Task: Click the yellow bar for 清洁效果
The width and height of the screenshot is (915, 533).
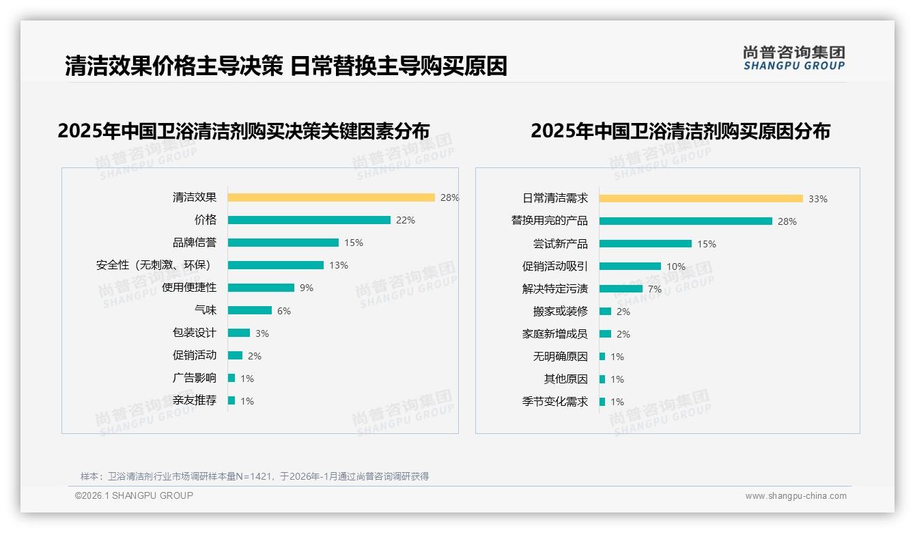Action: (331, 197)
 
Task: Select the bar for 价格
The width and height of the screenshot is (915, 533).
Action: (309, 220)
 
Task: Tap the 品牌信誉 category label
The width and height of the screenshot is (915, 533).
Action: (194, 243)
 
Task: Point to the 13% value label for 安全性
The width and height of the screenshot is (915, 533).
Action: (339, 265)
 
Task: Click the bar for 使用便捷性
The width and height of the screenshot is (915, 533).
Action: (261, 288)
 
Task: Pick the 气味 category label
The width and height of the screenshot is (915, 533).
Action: (205, 310)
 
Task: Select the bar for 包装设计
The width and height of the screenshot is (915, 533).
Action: (239, 333)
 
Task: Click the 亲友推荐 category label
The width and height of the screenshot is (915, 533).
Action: (194, 400)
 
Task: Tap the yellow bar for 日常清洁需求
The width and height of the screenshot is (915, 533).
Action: (701, 199)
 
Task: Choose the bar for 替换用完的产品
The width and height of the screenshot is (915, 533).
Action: (686, 221)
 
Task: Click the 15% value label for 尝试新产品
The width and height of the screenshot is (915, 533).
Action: (707, 244)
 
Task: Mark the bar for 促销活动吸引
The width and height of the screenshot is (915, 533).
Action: (630, 266)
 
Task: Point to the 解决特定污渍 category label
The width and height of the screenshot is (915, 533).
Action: (554, 289)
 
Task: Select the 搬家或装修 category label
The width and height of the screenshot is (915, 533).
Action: (560, 312)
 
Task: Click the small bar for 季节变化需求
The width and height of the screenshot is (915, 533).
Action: (602, 402)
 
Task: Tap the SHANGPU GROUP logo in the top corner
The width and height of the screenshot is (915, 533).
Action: (793, 58)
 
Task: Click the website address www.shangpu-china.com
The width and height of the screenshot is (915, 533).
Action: (796, 496)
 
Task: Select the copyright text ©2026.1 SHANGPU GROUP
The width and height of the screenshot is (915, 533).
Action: (134, 495)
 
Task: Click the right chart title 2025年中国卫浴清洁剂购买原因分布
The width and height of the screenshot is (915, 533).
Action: (680, 131)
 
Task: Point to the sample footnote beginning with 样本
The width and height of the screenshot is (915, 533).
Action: (254, 476)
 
